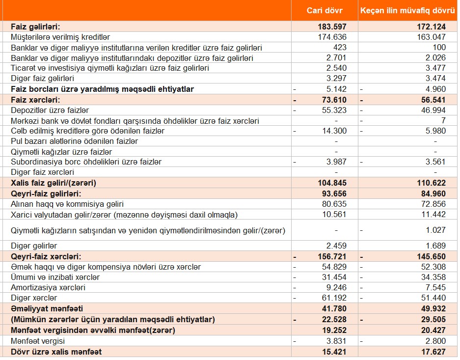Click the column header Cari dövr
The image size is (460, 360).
coord(325,10)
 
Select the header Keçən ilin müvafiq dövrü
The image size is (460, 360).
coord(407,10)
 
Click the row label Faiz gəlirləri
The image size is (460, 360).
coord(39,27)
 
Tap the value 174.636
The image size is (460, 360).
coord(333,37)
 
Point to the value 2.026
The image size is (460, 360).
coord(435,58)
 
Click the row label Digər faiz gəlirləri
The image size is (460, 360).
coord(42,79)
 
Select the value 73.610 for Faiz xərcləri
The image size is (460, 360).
coord(332,100)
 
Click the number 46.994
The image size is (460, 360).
coord(433,110)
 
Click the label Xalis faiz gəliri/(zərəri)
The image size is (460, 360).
coord(53,183)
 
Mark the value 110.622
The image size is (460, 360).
coord(431,183)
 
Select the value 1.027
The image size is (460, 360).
coord(435,230)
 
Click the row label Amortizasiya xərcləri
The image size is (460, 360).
coord(48,287)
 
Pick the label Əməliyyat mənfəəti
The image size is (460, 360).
coord(47,309)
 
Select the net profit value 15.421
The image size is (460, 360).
coord(333,352)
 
